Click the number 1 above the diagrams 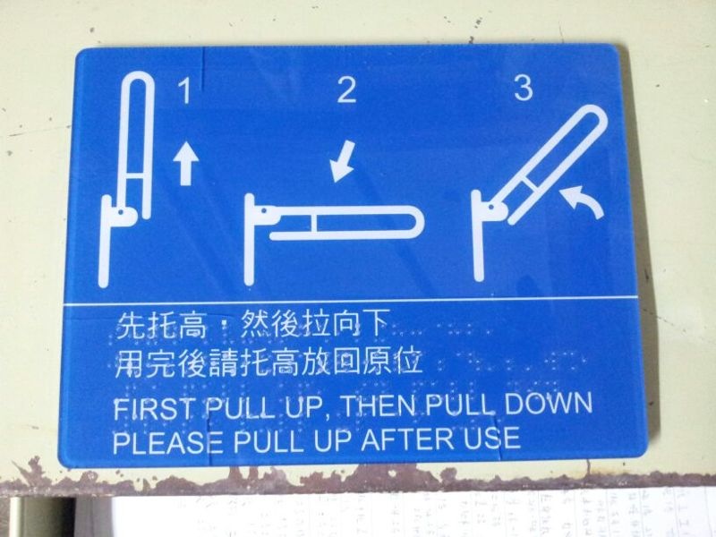point(185,90)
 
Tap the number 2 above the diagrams point(346,90)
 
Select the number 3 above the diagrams point(524,88)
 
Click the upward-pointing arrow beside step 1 point(185,164)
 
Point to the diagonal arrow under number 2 point(343,161)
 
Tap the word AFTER point(408,439)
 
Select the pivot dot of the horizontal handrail point(264,211)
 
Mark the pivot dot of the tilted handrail point(490,208)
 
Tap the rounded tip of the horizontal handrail point(416,223)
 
